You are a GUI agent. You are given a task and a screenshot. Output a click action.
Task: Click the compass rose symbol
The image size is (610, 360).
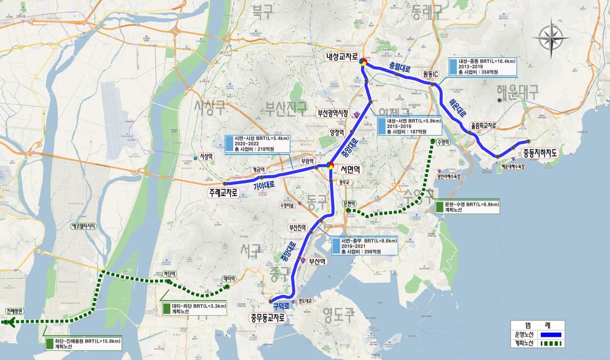click(x=554, y=38)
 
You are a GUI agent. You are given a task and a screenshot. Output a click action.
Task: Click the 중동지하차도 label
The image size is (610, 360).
click(x=540, y=153)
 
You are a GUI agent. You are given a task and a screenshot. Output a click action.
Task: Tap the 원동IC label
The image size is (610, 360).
click(x=430, y=75)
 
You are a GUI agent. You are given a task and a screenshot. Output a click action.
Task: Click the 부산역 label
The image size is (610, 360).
click(x=317, y=261)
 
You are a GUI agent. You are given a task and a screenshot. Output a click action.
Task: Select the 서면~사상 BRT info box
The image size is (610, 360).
click(x=257, y=144)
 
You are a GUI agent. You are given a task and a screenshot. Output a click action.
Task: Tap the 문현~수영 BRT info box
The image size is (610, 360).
click(x=468, y=206)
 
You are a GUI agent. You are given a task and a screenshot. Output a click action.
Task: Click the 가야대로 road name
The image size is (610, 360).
click(x=264, y=185)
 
